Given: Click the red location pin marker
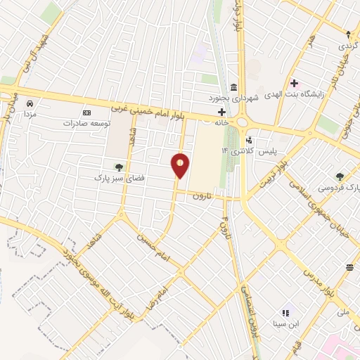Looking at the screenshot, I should pyautogui.click(x=181, y=165).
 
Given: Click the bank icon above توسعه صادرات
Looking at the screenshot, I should pyautogui.click(x=87, y=112).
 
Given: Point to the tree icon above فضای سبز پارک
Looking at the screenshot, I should pyautogui.click(x=118, y=167).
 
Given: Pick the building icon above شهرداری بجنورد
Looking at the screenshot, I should pyautogui.click(x=232, y=87).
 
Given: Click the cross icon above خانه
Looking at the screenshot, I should pyautogui.click(x=221, y=112).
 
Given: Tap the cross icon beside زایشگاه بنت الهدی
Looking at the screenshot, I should pyautogui.click(x=295, y=83).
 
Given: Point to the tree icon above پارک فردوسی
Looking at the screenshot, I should pyautogui.click(x=340, y=176).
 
